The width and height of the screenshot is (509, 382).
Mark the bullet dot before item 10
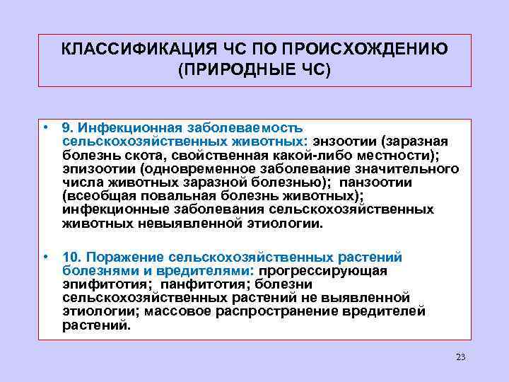coord(45,255)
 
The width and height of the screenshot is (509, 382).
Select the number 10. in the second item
coord(73,256)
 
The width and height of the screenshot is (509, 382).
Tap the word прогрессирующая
coord(324,270)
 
